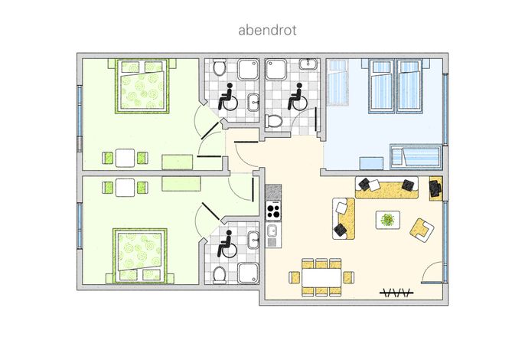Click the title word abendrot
pyautogui.click(x=267, y=30)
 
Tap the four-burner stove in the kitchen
pyautogui.click(x=273, y=211)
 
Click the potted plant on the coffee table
pyautogui.click(x=388, y=220)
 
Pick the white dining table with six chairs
pyautogui.click(x=321, y=277)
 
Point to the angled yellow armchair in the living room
pyautogui.click(x=422, y=230)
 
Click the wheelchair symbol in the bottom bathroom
pyautogui.click(x=227, y=244)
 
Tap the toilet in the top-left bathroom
pyautogui.click(x=220, y=67)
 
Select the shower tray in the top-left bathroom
pyautogui.click(x=248, y=70)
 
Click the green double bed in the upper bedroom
pyautogui.click(x=142, y=86)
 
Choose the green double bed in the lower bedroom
pyautogui.click(x=139, y=256)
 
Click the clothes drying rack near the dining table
pyautogui.click(x=396, y=293)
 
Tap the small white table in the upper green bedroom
pyautogui.click(x=125, y=158)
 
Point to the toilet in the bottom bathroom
pyautogui.click(x=220, y=275)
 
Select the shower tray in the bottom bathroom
pyautogui.click(x=248, y=273)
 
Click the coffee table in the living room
pyautogui.click(x=388, y=220)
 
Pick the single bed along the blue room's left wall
pyautogui.click(x=337, y=82)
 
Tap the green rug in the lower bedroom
pyautogui.click(x=181, y=184)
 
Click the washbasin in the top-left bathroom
pyautogui.click(x=253, y=102)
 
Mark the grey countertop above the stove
pyautogui.click(x=273, y=192)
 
